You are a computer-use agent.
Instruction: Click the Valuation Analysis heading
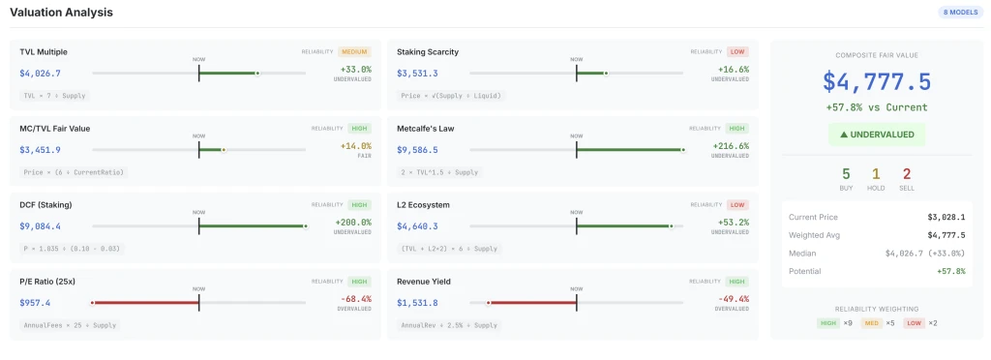coord(61,13)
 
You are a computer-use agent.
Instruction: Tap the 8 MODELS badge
coord(959,13)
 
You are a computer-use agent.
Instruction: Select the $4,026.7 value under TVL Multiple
coord(40,73)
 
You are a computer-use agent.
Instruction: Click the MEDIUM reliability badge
coord(354,51)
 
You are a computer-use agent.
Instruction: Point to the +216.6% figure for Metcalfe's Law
coord(733,146)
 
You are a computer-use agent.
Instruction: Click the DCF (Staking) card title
coord(45,205)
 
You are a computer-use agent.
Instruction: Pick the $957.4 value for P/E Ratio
coord(35,303)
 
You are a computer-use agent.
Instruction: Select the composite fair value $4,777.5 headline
coord(877,81)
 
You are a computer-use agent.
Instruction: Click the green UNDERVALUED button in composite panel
coord(877,135)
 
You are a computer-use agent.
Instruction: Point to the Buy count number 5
coord(846,174)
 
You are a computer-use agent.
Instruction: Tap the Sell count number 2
coord(907,174)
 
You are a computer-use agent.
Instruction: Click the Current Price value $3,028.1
coord(946,217)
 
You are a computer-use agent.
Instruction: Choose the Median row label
coord(803,253)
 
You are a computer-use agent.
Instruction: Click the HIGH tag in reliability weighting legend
coord(828,322)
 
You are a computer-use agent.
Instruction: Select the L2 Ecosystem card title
coord(429,205)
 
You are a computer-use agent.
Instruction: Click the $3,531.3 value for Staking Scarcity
coord(417,73)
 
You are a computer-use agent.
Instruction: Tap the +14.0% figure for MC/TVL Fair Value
coord(355,146)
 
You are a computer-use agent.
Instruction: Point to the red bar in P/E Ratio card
coord(145,303)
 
